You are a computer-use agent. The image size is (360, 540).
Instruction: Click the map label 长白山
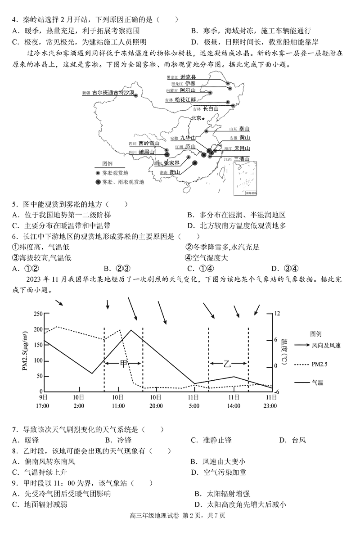click(x=211, y=108)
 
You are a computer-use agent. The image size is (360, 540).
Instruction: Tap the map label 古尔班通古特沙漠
click(x=113, y=93)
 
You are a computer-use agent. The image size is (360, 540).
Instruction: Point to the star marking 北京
click(x=203, y=118)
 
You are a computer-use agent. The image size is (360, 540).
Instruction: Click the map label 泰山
click(x=244, y=128)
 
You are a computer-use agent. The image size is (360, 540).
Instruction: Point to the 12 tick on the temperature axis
click(x=277, y=314)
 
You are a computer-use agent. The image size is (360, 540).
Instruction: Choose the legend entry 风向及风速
click(x=326, y=346)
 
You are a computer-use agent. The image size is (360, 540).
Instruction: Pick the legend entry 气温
click(x=317, y=382)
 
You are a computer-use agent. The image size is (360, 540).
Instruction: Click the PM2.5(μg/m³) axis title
click(x=26, y=352)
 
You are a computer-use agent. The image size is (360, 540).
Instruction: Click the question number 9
click(x=14, y=482)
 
